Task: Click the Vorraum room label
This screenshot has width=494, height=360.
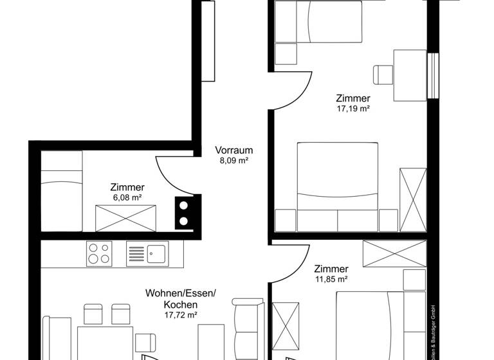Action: click(233, 150)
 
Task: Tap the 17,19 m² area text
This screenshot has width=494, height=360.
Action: click(352, 109)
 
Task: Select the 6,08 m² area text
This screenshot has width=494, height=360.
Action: click(127, 198)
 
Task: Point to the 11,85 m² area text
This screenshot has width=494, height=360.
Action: click(331, 279)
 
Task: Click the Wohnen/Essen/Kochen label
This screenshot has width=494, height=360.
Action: click(180, 298)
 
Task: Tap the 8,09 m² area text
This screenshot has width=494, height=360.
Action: click(233, 161)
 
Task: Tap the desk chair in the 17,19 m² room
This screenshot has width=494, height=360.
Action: click(383, 74)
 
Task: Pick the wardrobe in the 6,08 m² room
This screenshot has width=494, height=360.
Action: click(126, 218)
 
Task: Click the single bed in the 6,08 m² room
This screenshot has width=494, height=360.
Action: click(62, 190)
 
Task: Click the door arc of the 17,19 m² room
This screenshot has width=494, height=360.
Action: click(295, 90)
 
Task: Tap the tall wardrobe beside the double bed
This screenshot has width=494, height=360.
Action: click(412, 199)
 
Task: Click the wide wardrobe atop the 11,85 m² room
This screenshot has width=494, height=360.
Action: click(394, 253)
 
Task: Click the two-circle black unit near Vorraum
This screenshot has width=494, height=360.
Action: click(184, 213)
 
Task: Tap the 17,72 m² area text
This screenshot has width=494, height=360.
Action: click(180, 315)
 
